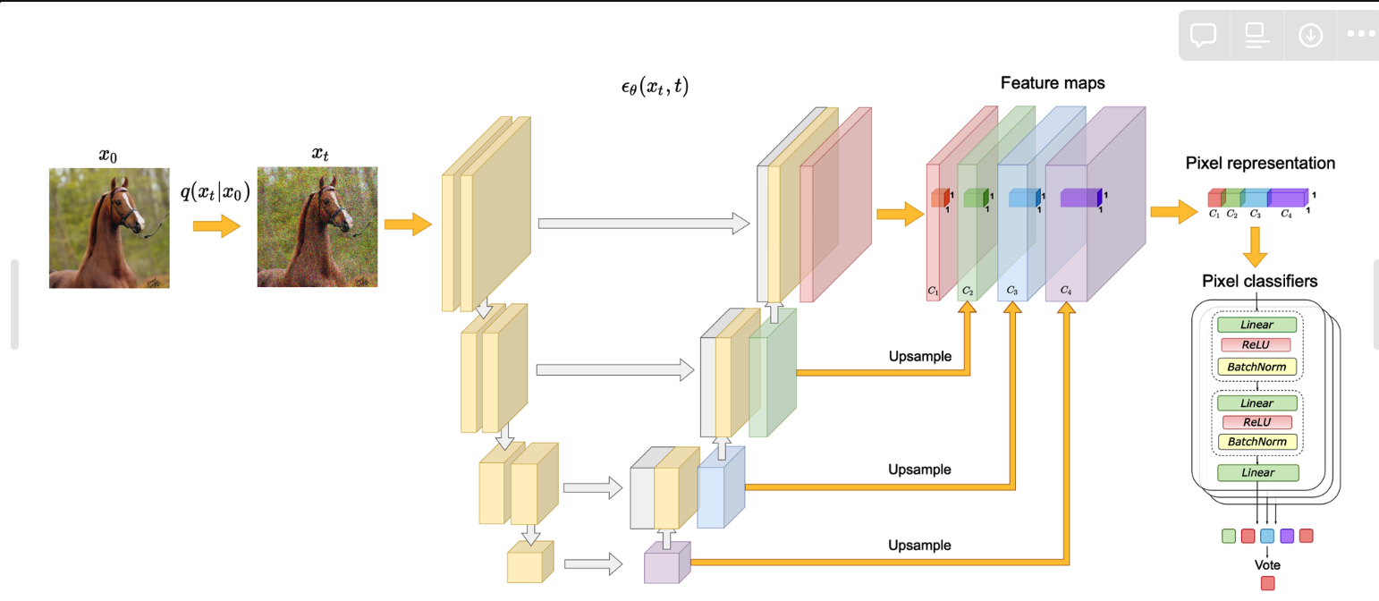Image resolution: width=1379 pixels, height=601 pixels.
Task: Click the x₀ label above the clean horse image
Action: click(108, 157)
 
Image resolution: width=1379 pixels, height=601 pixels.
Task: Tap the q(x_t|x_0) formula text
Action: click(221, 190)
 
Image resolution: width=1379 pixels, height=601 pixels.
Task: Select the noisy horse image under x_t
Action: click(317, 226)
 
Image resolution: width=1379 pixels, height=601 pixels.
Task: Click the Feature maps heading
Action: click(1053, 83)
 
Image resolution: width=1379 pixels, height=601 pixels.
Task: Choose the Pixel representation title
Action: click(1260, 164)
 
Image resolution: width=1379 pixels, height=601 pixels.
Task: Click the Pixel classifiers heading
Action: click(1260, 282)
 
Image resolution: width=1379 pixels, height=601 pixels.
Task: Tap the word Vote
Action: click(1267, 565)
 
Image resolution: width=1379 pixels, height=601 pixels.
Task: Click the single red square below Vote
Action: click(1267, 584)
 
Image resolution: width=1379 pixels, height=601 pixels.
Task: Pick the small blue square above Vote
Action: click(1267, 537)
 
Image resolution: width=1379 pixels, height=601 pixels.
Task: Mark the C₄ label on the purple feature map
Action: click(1066, 291)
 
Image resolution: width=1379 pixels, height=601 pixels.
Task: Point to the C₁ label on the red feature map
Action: click(933, 292)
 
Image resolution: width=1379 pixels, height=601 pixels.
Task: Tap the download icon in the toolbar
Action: click(1310, 35)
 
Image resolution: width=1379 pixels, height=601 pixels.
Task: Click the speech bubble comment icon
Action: click(1204, 35)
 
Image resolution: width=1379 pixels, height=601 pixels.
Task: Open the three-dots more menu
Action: click(1360, 35)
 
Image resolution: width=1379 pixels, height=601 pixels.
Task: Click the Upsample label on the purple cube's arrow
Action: click(919, 545)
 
